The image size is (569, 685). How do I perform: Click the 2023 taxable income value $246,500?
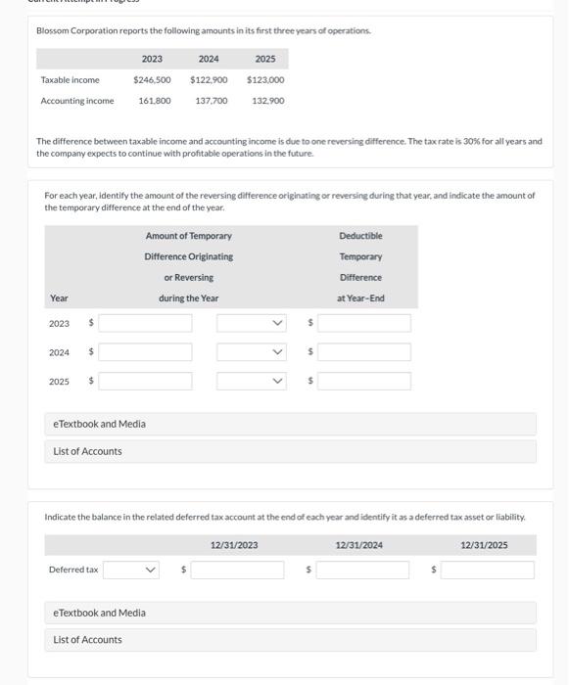coord(152,80)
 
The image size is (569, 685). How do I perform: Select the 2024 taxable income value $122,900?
coord(209,80)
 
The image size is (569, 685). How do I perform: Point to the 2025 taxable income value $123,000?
coord(265,80)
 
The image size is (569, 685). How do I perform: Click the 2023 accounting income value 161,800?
coord(155,101)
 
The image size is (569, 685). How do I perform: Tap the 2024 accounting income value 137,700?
coord(212,101)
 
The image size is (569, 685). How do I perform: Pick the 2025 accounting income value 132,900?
coord(268,101)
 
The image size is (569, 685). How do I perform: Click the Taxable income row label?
coord(70,80)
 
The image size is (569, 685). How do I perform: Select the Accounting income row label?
coord(77,101)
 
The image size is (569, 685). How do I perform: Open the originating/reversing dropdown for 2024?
coord(252,351)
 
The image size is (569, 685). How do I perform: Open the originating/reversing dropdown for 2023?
coord(252,323)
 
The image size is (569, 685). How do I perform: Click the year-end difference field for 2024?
coord(364,351)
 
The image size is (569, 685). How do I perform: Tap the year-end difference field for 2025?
coord(364,381)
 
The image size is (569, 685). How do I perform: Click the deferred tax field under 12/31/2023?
coord(237,570)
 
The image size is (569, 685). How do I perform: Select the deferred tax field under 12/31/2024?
coord(362,570)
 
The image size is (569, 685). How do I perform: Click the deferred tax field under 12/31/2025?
coord(488,570)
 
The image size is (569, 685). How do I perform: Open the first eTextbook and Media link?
coord(99,424)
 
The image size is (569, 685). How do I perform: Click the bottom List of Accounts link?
coord(88,640)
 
